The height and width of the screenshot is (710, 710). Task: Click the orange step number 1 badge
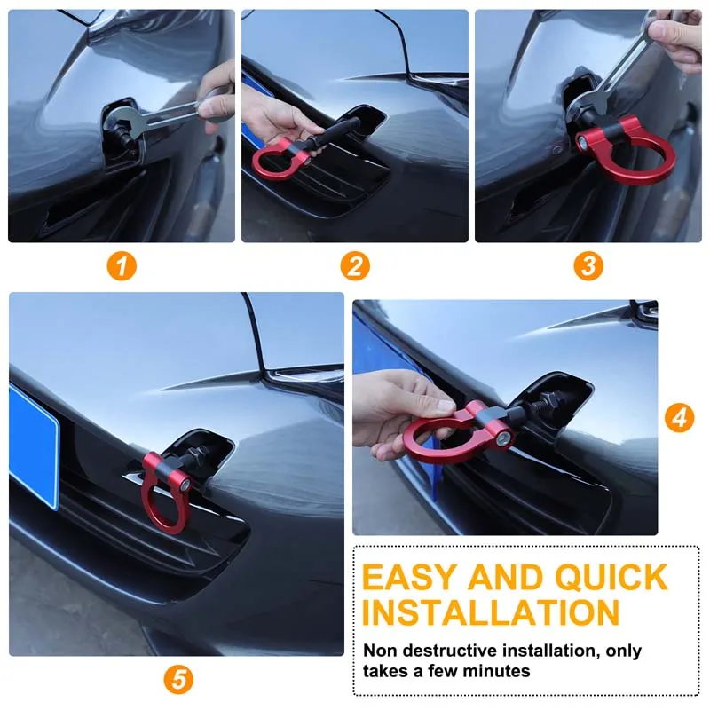122,265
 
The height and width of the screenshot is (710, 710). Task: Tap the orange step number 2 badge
355,265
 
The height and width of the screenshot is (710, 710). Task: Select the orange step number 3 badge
588,265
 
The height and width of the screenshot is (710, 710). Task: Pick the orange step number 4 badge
679,417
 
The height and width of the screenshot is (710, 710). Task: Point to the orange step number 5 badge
177,680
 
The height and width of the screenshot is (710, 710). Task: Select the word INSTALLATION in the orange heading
491,613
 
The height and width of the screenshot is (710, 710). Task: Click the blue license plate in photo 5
34,444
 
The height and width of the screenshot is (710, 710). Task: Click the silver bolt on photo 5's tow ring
183,485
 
